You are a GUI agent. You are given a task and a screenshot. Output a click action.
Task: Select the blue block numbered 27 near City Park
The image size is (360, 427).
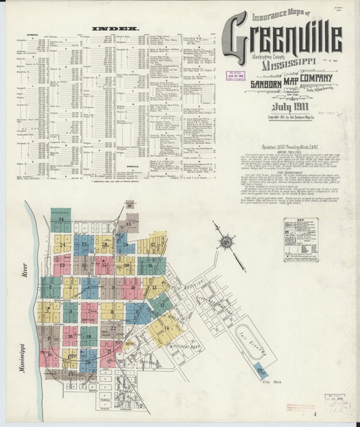point(262,370)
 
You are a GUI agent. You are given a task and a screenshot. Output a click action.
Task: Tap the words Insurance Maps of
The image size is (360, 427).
point(280,14)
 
